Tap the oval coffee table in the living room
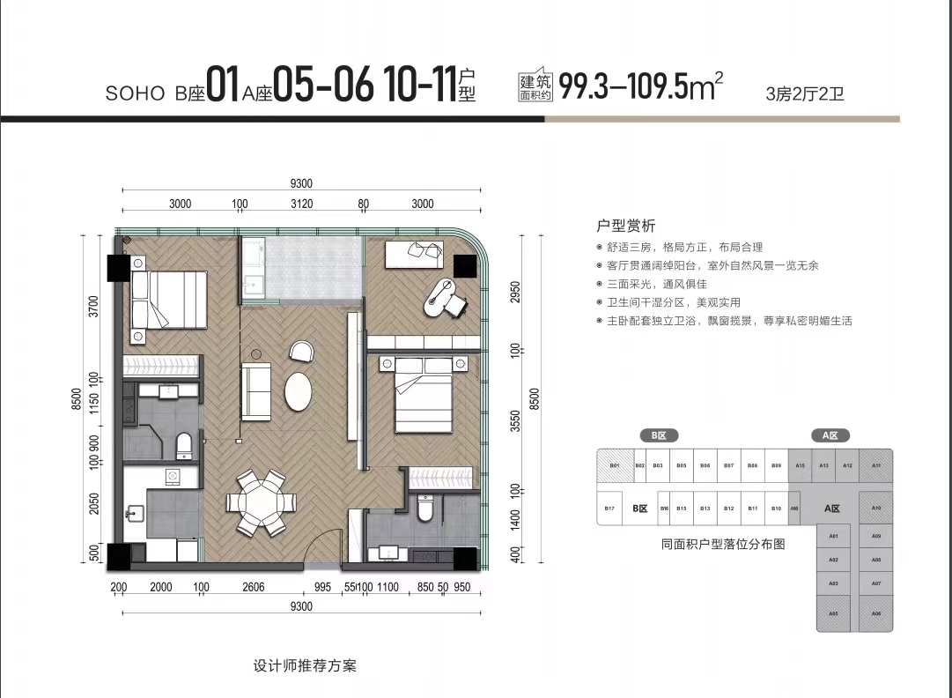299,391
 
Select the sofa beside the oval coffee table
257,391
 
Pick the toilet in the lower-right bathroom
426,507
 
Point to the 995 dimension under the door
322,587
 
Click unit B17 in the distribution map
609,509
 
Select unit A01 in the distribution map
832,537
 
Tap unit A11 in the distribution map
875,465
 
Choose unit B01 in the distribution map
615,465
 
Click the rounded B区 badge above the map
658,435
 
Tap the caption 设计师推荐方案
304,665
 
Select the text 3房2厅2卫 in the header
805,93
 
